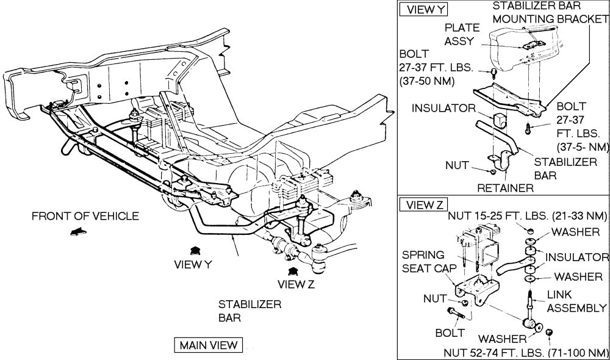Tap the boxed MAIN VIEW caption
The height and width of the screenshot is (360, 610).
[x=208, y=345]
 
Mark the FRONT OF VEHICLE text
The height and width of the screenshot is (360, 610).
[x=85, y=216]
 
